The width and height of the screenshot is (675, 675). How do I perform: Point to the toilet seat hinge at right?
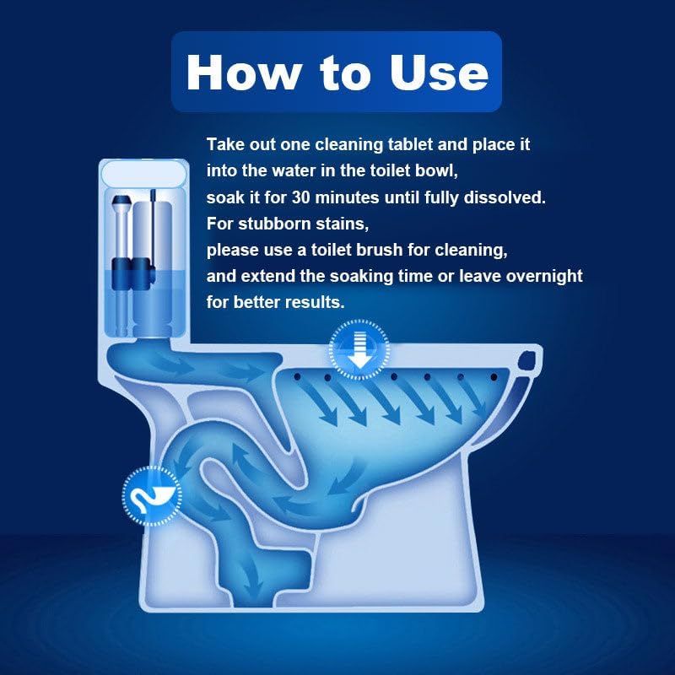(x=529, y=361)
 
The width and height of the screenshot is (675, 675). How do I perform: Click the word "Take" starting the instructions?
(x=224, y=143)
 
